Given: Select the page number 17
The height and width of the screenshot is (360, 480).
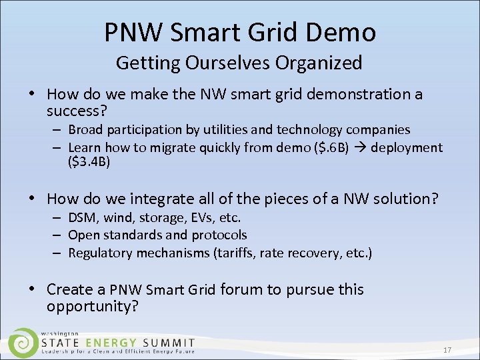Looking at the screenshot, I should coord(447,350).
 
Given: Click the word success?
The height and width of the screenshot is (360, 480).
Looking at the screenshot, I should coord(76,109).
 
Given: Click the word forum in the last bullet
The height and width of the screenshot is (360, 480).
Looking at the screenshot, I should coord(239,289).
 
